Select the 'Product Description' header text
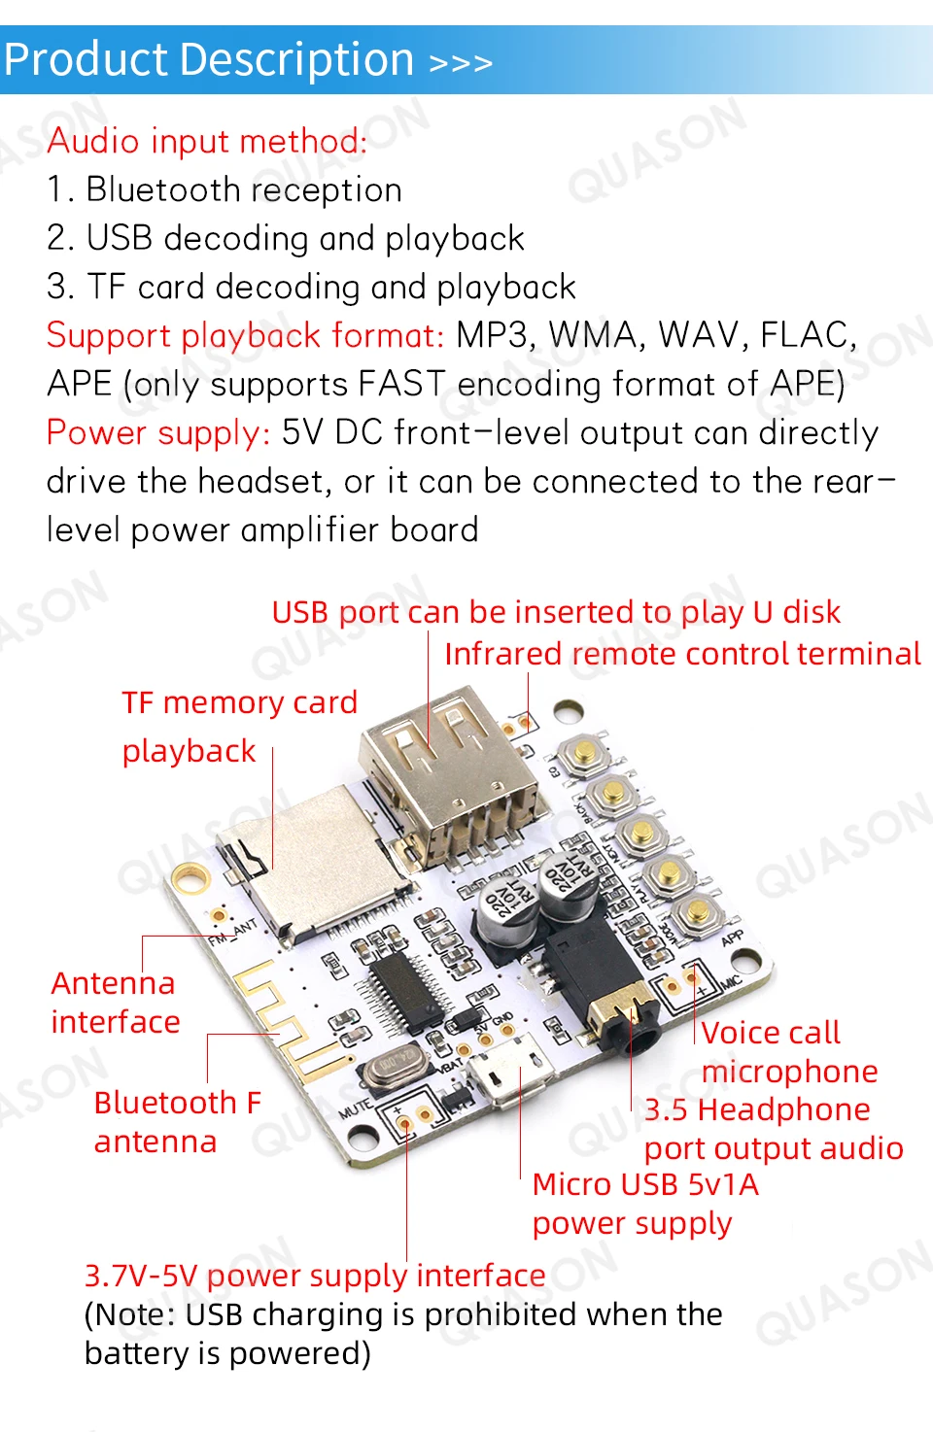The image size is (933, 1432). [209, 60]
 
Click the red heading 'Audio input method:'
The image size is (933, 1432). [207, 141]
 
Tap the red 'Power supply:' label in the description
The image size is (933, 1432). [158, 432]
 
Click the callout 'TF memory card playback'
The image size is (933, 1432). [239, 726]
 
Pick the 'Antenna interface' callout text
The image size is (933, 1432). [115, 1003]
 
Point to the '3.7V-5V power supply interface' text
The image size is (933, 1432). [315, 1275]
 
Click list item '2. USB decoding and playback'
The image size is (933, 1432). [286, 238]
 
